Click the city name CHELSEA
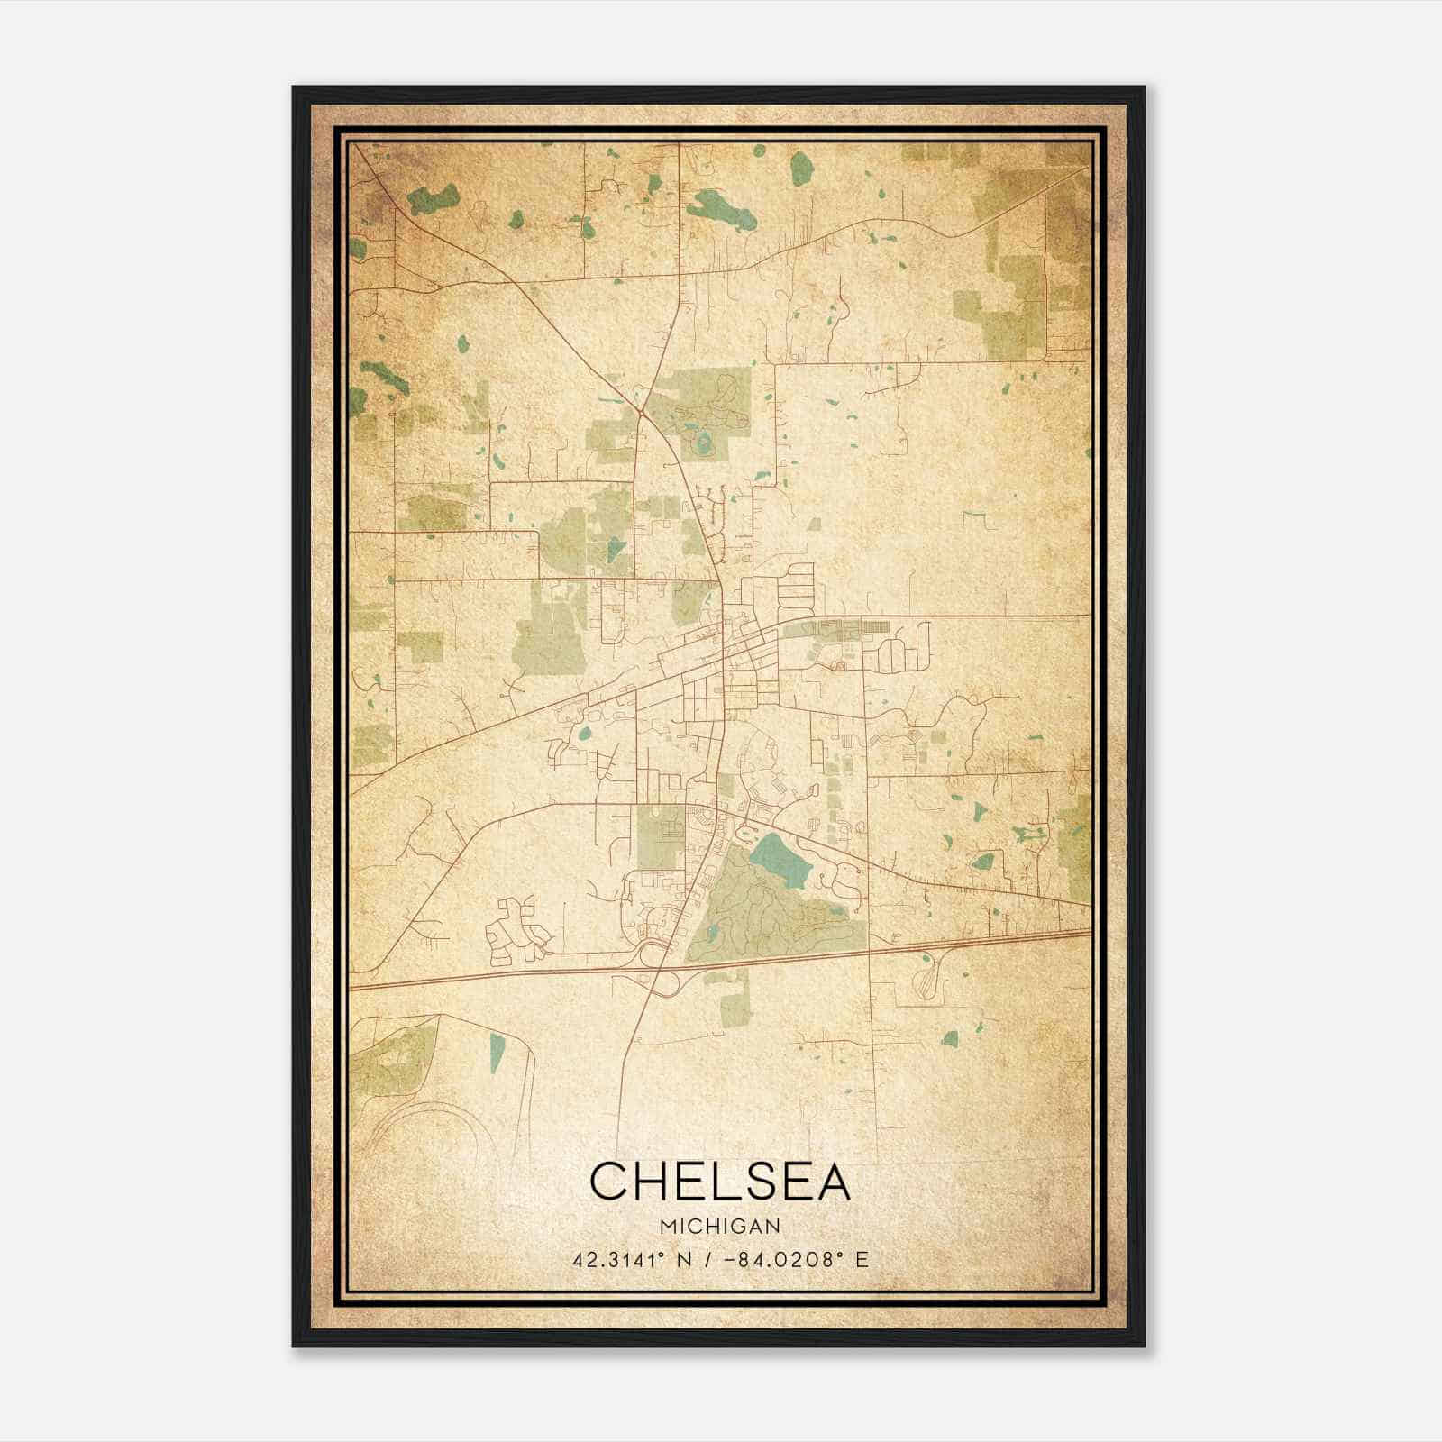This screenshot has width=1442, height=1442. (x=719, y=1181)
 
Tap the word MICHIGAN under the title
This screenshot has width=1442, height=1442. (x=719, y=1227)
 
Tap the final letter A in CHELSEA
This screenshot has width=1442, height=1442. (x=831, y=1181)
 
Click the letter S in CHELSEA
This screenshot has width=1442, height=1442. (x=744, y=1181)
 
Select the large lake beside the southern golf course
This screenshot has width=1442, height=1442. (x=780, y=859)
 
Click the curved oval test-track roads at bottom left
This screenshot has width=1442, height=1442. (x=424, y=1127)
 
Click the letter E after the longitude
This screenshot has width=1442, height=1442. (x=862, y=1259)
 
